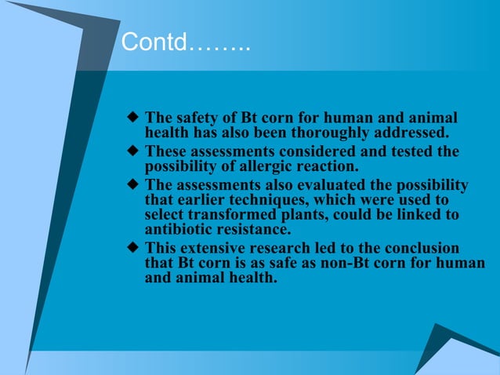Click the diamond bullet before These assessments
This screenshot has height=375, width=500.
tap(132, 151)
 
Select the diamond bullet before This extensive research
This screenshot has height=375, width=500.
tap(132, 249)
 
